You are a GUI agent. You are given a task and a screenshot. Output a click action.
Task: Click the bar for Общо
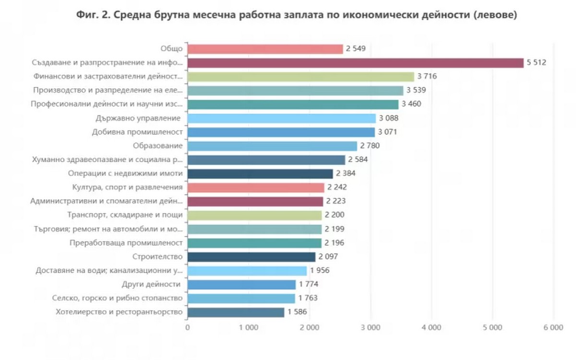265,49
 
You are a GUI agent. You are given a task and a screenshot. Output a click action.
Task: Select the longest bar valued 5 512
355,63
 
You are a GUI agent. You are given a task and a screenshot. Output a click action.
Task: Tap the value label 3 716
427,77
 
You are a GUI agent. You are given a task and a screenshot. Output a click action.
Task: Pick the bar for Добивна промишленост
281,132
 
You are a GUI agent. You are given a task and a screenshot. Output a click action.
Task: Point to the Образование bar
272,146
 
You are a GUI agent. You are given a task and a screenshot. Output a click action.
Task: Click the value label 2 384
346,174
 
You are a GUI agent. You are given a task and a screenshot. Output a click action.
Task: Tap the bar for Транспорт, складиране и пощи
254,215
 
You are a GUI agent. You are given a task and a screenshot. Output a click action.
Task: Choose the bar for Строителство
251,257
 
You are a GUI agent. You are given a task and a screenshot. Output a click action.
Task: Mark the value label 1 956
320,271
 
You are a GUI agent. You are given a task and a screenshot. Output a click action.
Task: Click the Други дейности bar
241,285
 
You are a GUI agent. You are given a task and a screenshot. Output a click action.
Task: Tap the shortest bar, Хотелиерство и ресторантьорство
236,312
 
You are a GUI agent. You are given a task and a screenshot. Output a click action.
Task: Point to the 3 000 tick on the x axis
371,328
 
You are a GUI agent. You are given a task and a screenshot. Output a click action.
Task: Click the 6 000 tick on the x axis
553,328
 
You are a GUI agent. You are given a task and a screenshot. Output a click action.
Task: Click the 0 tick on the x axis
187,328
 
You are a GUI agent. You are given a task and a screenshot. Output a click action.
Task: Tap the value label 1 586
297,312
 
